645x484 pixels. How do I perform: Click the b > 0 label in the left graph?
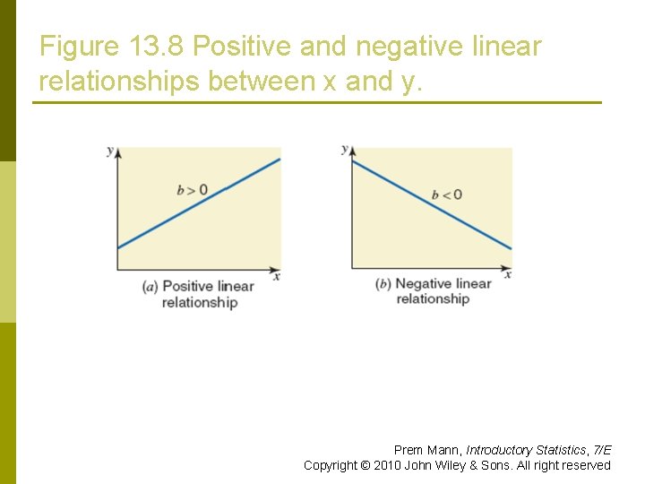point(192,189)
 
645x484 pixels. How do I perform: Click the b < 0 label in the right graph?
point(446,194)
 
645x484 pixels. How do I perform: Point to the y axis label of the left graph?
point(110,151)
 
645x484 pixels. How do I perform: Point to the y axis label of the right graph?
point(344,149)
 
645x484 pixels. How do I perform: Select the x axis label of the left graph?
point(277,276)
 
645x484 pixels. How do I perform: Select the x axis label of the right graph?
point(508,274)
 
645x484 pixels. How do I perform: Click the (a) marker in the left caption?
point(150,287)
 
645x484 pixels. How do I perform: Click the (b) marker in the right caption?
point(383,284)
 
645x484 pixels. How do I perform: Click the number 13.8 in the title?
point(159,47)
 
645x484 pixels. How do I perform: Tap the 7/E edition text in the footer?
point(602,450)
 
